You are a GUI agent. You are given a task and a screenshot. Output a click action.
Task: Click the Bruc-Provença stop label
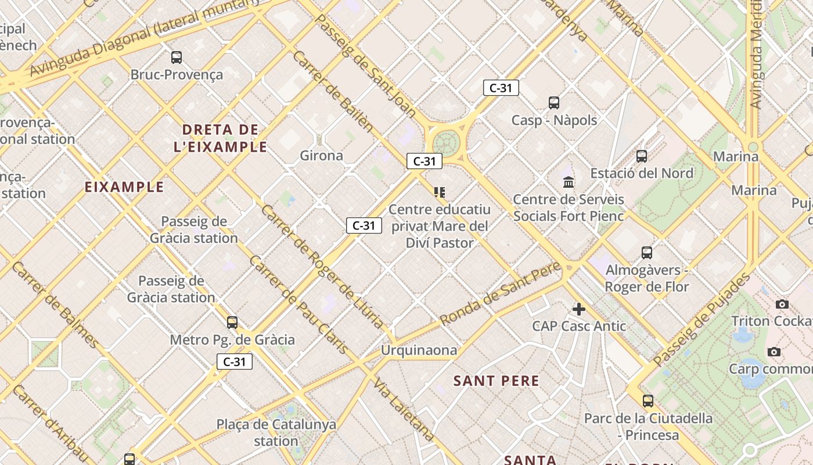[177, 74]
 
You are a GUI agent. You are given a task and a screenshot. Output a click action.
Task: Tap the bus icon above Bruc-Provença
[177, 57]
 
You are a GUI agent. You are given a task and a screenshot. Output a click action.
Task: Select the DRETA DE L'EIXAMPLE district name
[221, 138]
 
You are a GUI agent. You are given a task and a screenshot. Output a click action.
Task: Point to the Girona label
[321, 155]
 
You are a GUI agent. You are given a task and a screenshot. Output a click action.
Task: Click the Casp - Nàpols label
[554, 120]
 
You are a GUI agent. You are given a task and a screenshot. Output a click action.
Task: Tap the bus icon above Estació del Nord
[642, 156]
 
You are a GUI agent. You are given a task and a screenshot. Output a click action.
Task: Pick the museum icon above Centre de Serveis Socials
[569, 182]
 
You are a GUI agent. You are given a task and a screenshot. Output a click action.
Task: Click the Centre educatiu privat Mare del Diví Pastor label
[440, 226]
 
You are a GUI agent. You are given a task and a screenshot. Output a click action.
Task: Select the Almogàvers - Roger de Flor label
[647, 278]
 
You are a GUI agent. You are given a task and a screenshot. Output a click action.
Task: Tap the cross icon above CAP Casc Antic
[579, 309]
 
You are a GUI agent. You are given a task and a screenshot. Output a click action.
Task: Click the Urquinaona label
[419, 350]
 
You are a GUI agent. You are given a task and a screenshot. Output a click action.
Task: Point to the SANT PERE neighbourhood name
[497, 381]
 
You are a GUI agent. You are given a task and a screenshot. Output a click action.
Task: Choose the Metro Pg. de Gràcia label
[232, 339]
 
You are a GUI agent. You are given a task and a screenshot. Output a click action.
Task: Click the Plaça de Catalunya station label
[276, 432]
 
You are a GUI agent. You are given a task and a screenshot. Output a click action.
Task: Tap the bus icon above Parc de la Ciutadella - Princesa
[648, 400]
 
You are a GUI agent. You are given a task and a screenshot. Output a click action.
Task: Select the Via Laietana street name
[404, 409]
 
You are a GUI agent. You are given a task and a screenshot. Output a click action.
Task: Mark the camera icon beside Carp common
[774, 352]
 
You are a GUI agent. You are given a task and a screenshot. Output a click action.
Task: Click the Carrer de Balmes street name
[55, 305]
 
